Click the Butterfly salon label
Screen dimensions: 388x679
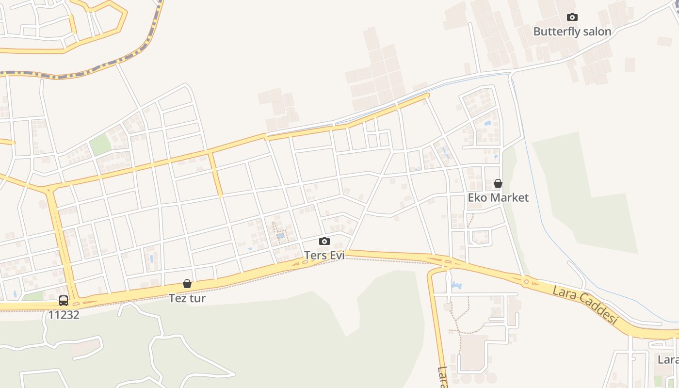coord(572,32)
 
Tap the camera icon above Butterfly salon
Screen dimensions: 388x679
coord(572,17)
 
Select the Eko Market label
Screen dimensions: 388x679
coord(498,197)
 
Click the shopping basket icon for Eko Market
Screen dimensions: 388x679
coord(498,183)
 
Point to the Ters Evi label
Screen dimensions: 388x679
coord(324,255)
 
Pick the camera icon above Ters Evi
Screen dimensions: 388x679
coord(324,241)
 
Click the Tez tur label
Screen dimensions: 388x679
coord(187,298)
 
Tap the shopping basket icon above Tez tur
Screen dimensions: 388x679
coord(187,284)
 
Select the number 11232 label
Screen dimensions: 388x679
coord(64,314)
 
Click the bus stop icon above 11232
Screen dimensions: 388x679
coord(64,301)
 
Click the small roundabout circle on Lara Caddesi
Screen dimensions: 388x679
coord(526,281)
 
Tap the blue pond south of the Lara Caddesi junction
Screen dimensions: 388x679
coord(456,286)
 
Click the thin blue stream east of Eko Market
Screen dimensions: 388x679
coord(533,194)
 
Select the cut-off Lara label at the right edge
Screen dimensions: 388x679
coord(668,360)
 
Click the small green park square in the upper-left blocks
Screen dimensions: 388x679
coord(100,145)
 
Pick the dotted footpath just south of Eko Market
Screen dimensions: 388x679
coord(470,221)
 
